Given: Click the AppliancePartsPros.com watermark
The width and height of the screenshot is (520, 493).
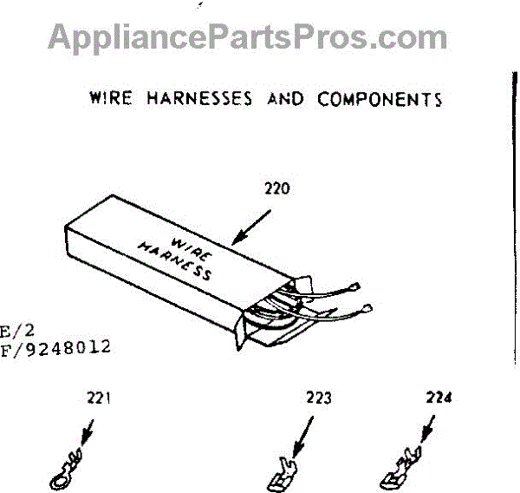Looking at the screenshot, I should pyautogui.click(x=248, y=37).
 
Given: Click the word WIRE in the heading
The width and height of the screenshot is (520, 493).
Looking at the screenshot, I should pyautogui.click(x=110, y=97).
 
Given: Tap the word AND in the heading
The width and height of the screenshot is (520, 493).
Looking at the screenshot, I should pyautogui.click(x=285, y=98).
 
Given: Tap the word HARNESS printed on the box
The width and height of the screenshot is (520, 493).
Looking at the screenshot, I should pyautogui.click(x=176, y=260).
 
